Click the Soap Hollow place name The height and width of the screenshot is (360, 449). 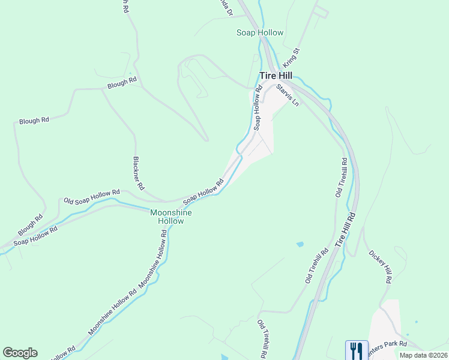pos(260,32)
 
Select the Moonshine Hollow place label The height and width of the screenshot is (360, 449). pos(171,217)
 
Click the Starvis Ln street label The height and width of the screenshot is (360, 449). pos(288,95)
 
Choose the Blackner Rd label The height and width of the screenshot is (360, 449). pos(138,174)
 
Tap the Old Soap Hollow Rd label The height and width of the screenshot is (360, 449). pos(92,196)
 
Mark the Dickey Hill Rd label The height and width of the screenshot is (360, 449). pos(381,266)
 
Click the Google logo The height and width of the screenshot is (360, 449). pos(20,353)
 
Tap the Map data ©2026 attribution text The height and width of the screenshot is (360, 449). pos(423,355)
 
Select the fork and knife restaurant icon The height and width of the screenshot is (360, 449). pos(357,350)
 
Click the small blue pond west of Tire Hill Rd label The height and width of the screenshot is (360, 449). pos(300,245)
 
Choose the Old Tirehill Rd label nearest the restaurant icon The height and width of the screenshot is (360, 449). pos(262,339)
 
